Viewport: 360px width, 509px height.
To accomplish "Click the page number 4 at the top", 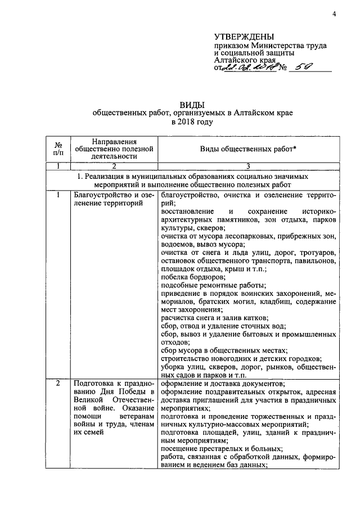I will click(x=334, y=14).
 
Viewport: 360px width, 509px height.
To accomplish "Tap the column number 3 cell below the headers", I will click(x=246, y=166).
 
